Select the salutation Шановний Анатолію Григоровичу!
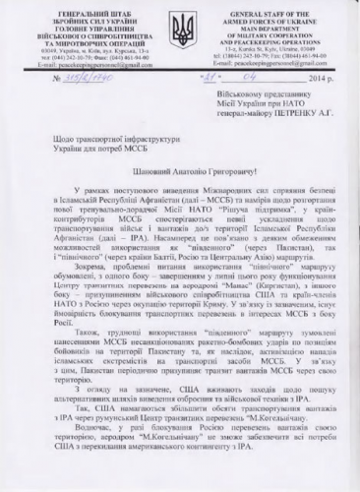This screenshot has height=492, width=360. click(180, 189)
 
